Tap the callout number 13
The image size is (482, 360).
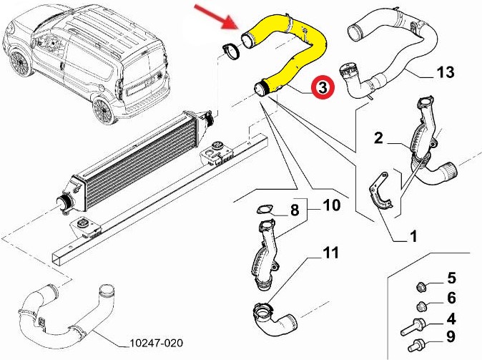tap(443, 73)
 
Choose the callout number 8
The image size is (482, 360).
tap(293, 210)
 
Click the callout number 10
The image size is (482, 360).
tap(331, 206)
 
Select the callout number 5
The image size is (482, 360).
tap(451, 277)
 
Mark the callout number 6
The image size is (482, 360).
tap(451, 298)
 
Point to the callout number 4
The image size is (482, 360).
tap(451, 318)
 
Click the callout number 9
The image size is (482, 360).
tap(451, 337)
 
